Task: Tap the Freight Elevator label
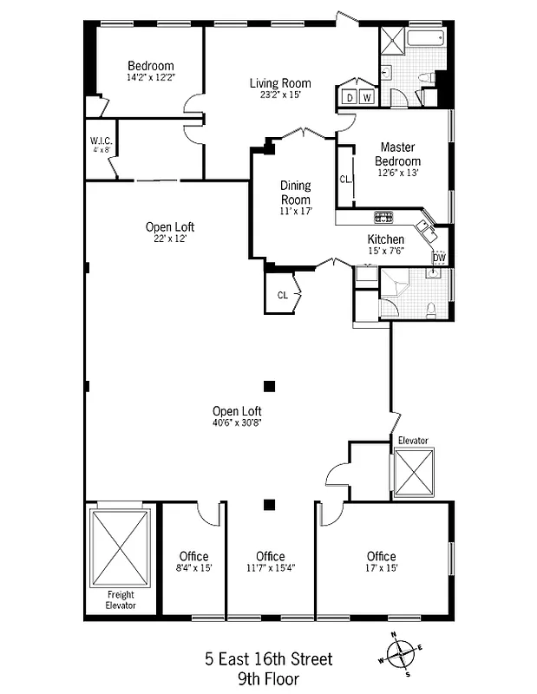(x=121, y=599)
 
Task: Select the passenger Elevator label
(x=412, y=441)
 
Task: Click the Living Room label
(x=280, y=83)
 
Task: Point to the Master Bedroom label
(x=398, y=154)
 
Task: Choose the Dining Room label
(x=295, y=193)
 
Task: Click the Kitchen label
(x=385, y=239)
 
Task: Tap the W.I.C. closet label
(x=101, y=141)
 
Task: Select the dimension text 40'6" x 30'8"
(x=237, y=422)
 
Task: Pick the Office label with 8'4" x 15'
(x=193, y=556)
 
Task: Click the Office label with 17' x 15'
(x=381, y=556)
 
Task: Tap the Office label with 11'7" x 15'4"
(x=271, y=556)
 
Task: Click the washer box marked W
(x=367, y=97)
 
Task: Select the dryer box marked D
(x=350, y=97)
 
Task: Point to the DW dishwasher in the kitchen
(x=439, y=257)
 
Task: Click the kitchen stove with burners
(x=383, y=217)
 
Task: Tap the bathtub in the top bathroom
(x=425, y=38)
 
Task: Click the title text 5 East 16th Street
(x=268, y=659)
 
